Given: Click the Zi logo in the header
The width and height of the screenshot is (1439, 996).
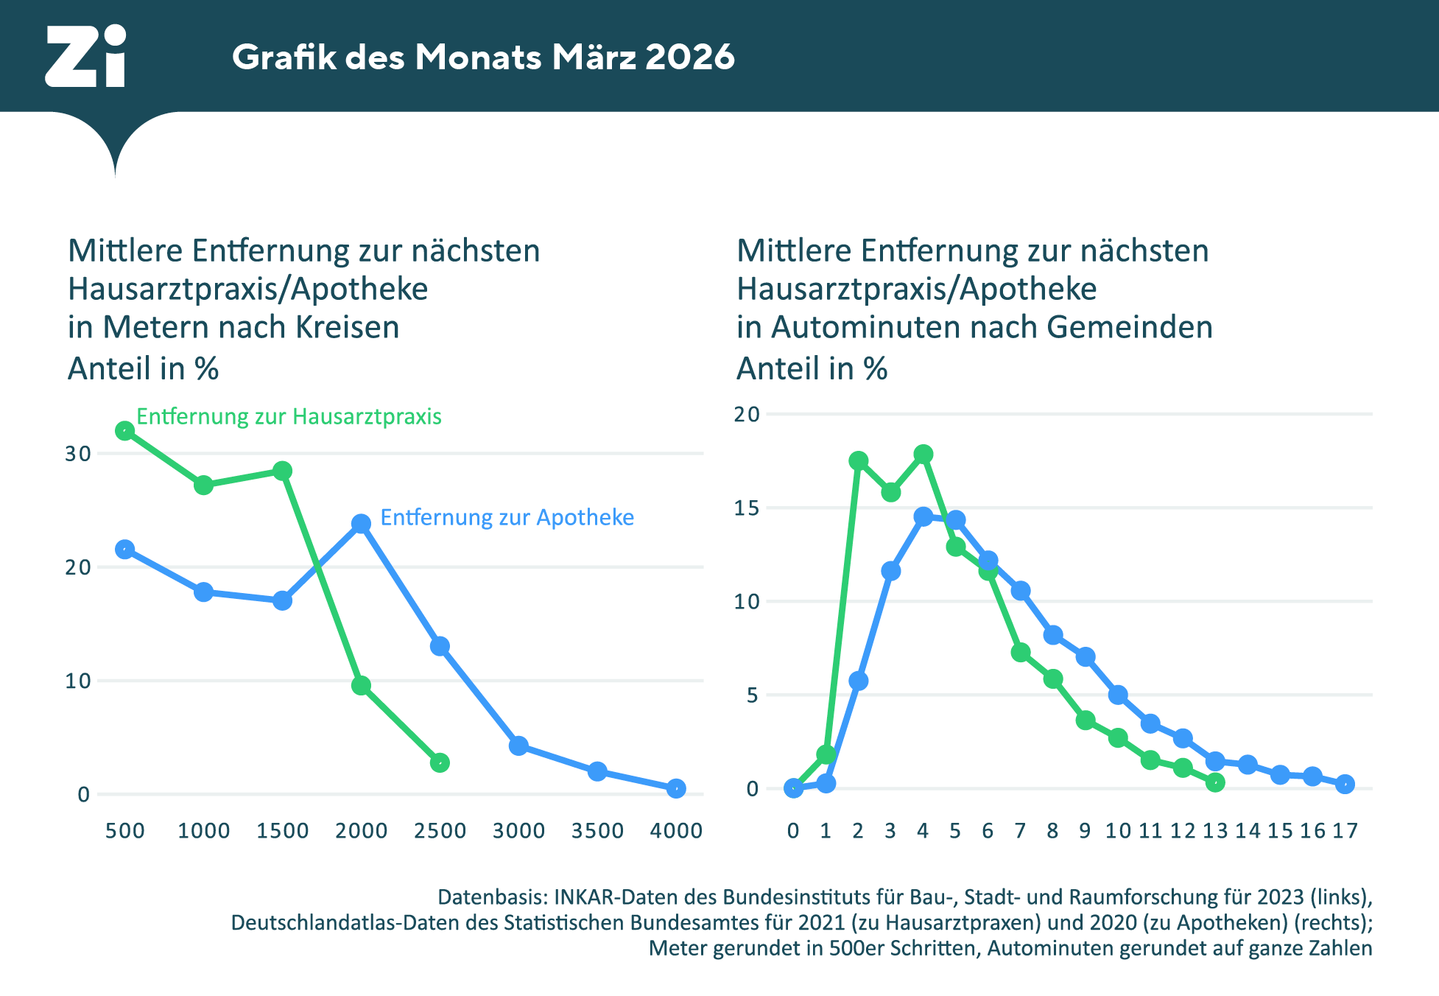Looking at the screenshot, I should (86, 57).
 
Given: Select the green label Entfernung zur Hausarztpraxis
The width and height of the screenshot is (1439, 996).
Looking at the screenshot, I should (289, 417).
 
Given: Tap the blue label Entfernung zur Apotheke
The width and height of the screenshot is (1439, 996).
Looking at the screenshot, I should (507, 518).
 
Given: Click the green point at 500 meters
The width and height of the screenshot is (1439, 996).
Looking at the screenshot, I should (125, 431).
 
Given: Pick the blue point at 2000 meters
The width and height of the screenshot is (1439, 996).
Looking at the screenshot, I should (361, 524).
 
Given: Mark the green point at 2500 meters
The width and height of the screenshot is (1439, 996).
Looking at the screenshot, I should (440, 762).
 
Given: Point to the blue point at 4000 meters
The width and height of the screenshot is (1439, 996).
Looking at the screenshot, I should (676, 788).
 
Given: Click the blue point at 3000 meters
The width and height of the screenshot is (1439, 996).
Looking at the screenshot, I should (518, 746).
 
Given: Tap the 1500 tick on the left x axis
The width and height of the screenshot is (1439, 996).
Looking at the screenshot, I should (282, 831).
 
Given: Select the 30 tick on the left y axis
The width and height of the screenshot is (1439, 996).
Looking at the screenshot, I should (78, 454).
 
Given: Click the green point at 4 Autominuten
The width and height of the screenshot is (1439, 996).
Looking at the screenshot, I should (923, 455).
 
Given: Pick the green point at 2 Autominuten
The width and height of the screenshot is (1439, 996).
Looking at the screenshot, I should (859, 461).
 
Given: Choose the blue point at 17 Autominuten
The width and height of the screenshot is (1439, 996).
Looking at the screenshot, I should (1345, 784).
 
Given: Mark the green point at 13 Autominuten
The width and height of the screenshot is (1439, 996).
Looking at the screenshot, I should (1215, 782).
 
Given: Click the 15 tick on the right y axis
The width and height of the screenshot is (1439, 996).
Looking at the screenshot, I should (747, 508).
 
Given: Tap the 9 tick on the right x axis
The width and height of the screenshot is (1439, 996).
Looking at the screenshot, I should (1085, 831).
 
